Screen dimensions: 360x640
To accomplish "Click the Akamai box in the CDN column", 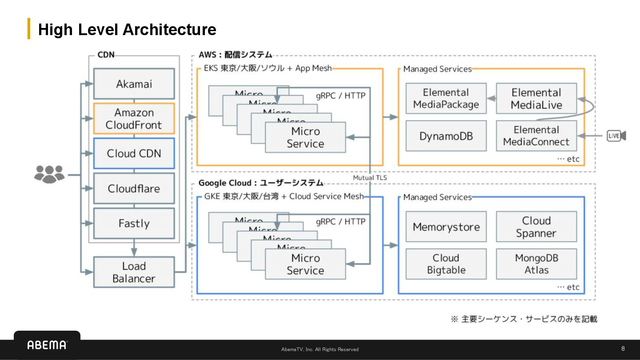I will click(134, 84).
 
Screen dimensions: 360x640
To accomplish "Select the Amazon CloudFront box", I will click(134, 119).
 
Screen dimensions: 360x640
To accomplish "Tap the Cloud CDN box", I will click(134, 153).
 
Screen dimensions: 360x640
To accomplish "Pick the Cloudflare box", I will click(134, 188).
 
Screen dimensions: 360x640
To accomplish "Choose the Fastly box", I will click(134, 223).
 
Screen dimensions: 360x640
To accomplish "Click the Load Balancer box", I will click(134, 272).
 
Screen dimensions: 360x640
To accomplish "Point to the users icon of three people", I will click(49, 174).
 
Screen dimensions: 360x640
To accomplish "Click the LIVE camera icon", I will click(616, 136).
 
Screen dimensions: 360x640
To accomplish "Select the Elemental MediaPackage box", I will click(446, 99).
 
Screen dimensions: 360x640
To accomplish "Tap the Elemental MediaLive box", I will click(536, 99).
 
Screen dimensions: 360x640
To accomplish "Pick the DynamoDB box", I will click(446, 136).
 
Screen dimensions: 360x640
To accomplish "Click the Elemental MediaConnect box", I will click(536, 136).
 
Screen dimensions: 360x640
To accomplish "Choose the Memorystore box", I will click(446, 227).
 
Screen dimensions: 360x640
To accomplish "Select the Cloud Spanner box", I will click(536, 227).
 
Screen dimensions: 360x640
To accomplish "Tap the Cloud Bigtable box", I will click(446, 264).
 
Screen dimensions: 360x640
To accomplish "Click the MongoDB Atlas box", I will click(536, 264).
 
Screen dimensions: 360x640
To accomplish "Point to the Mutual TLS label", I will click(370, 178).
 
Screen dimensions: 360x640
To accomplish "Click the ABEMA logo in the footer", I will click(47, 345).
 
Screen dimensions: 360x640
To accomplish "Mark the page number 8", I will click(623, 348).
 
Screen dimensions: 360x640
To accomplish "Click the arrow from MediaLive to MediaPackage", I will click(492, 99).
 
